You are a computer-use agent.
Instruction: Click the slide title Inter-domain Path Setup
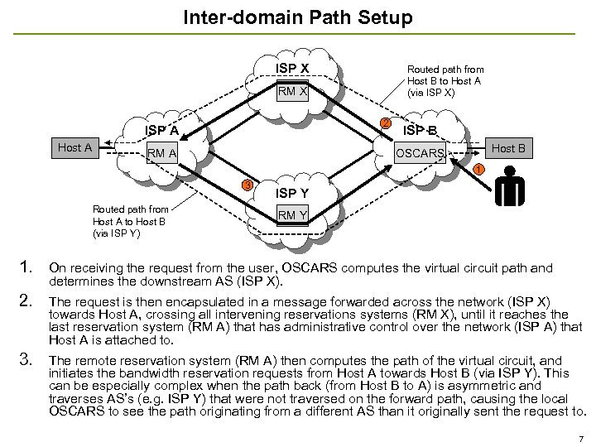tap(297, 17)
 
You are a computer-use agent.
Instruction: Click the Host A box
tap(74, 147)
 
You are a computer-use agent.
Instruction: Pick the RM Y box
tap(292, 216)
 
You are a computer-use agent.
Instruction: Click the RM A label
tap(161, 153)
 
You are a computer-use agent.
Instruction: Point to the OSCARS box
tap(420, 153)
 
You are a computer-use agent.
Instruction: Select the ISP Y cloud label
tap(292, 193)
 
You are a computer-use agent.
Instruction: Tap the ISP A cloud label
tap(161, 130)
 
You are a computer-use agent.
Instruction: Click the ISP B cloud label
tap(420, 130)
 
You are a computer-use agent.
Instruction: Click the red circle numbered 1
tap(478, 171)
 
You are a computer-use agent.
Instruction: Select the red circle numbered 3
tap(246, 184)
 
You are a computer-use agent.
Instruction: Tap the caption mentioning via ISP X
tap(445, 81)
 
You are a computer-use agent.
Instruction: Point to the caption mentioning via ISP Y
tap(130, 221)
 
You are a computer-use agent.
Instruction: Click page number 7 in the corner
tap(581, 436)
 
